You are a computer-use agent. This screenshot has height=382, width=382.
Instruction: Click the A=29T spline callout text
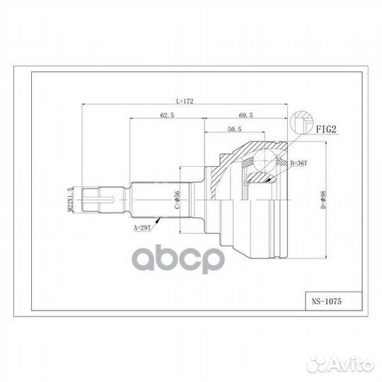141,228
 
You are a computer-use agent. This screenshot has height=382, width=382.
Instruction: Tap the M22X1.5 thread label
70,199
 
